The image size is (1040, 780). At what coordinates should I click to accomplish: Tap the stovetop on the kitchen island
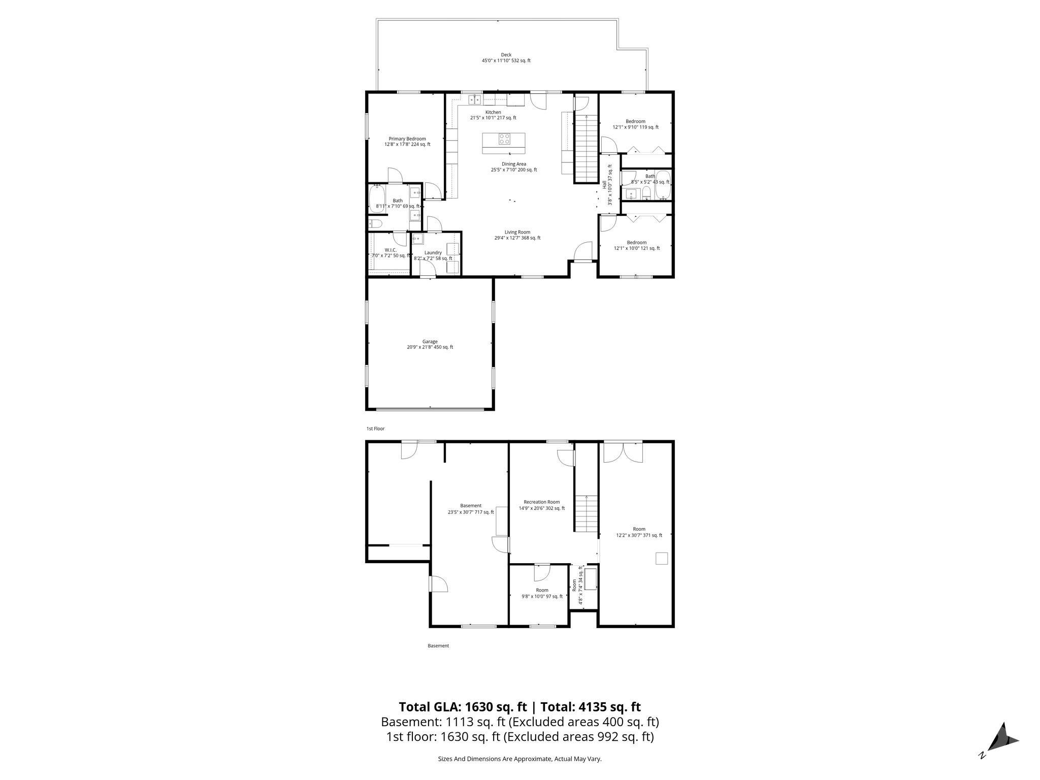pyautogui.click(x=504, y=139)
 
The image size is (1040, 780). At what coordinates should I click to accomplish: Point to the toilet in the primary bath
pyautogui.click(x=375, y=223)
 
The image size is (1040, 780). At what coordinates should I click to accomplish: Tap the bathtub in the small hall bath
pyautogui.click(x=663, y=186)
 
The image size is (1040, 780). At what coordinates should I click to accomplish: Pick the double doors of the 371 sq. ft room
pyautogui.click(x=623, y=451)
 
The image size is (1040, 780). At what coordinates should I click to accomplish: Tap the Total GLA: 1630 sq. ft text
pyautogui.click(x=463, y=707)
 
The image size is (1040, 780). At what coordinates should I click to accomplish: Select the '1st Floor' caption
pyautogui.click(x=375, y=429)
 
